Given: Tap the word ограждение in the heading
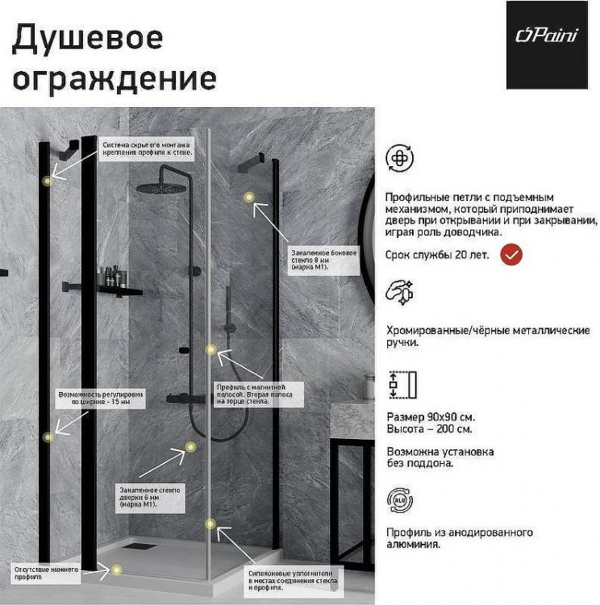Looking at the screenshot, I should pyautogui.click(x=115, y=78).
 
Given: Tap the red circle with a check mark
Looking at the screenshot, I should pyautogui.click(x=511, y=255).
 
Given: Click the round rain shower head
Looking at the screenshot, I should pyautogui.click(x=160, y=187).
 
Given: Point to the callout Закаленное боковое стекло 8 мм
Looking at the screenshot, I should pyautogui.click(x=324, y=259).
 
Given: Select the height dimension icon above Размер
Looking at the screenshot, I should pyautogui.click(x=401, y=385).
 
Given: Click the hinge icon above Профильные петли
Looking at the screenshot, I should pyautogui.click(x=400, y=159).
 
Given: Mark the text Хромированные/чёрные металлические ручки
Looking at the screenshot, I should pyautogui.click(x=477, y=336).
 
